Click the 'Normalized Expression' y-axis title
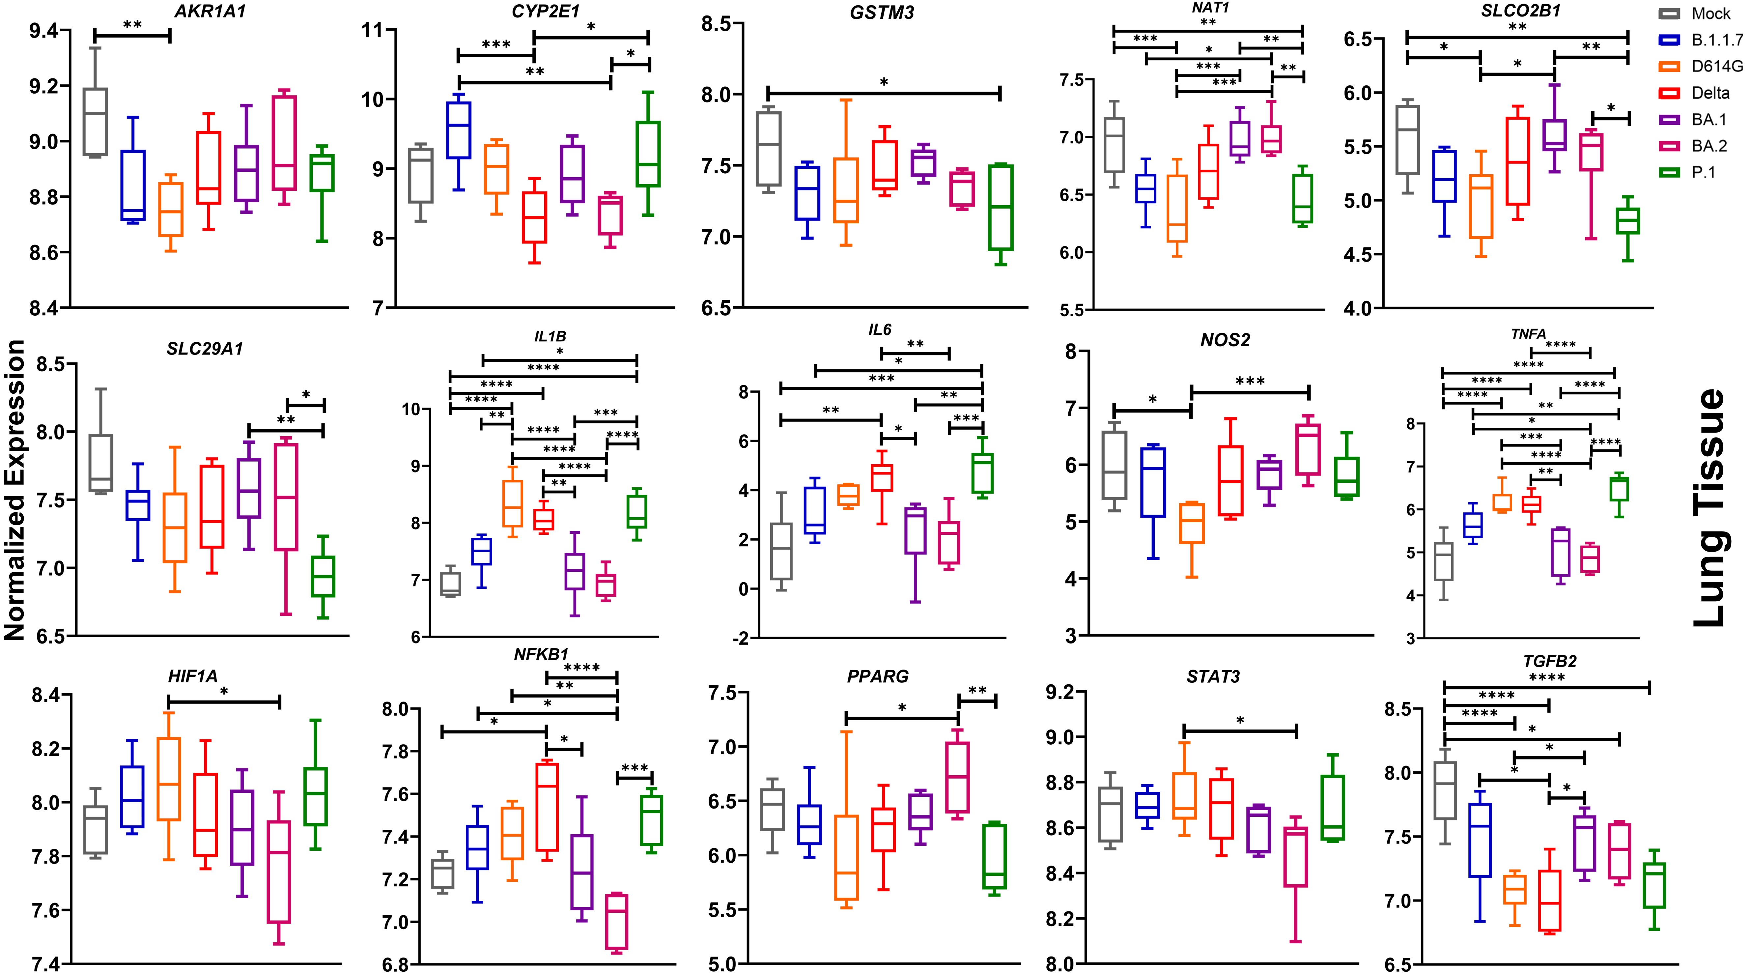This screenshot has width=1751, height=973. (15, 490)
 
